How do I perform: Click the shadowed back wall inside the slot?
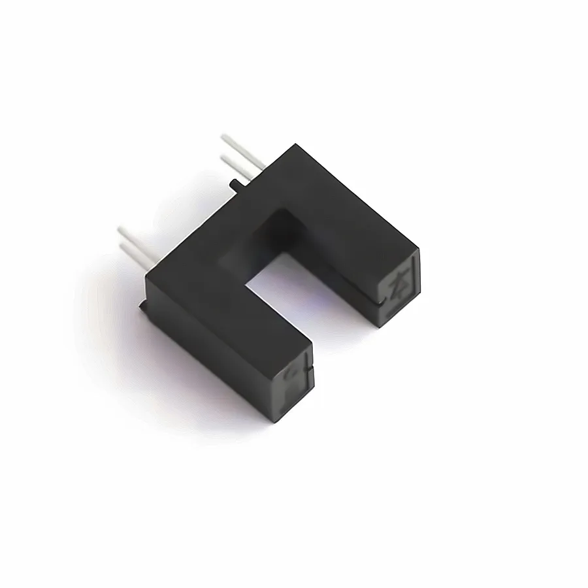268,229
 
